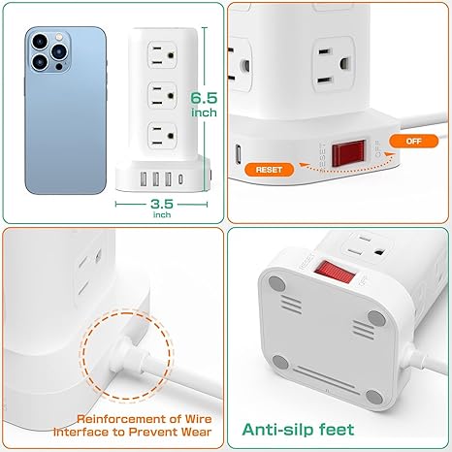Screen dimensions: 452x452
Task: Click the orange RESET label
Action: click(270, 170)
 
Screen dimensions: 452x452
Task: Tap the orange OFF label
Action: click(413, 142)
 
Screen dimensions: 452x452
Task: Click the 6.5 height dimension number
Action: click(204, 98)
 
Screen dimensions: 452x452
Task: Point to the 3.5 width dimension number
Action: click(162, 204)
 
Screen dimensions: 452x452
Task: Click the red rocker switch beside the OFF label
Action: click(348, 153)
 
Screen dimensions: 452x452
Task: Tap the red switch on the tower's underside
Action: click(335, 272)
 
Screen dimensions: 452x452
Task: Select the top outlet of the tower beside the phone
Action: click(162, 55)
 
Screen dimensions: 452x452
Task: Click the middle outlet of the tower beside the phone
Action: click(162, 95)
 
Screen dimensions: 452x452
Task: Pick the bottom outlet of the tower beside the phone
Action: click(162, 136)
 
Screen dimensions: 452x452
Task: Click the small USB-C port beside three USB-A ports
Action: click(180, 178)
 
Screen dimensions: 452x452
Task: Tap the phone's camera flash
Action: click(58, 37)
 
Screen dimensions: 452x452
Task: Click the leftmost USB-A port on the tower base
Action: click(144, 179)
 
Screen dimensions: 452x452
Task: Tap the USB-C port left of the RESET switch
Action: click(239, 154)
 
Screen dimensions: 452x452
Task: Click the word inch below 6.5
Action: click(204, 113)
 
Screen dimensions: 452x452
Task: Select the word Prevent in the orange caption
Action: click(153, 432)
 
